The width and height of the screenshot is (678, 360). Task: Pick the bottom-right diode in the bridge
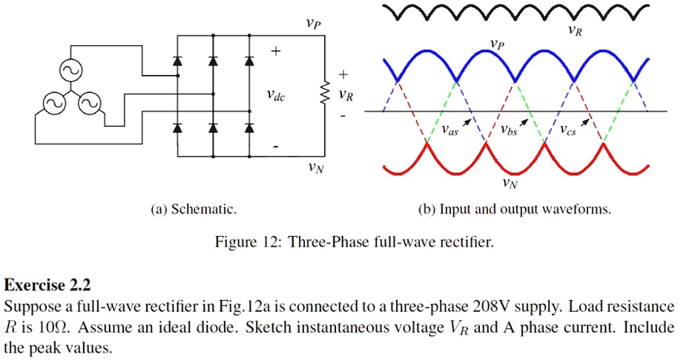[249, 128]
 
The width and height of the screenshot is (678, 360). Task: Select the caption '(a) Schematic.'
[194, 210]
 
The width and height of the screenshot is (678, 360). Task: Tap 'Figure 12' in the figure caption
[246, 243]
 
